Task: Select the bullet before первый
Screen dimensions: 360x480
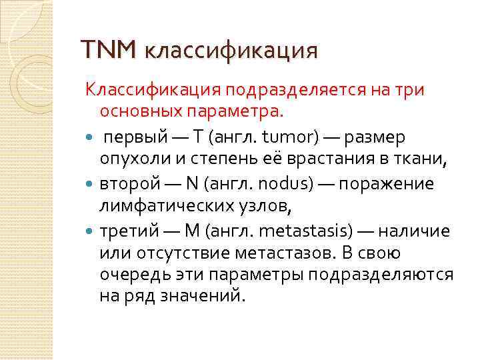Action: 90,137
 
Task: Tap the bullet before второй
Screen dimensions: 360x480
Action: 90,184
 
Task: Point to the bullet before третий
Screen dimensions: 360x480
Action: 90,231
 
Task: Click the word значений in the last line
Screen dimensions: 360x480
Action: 197,295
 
